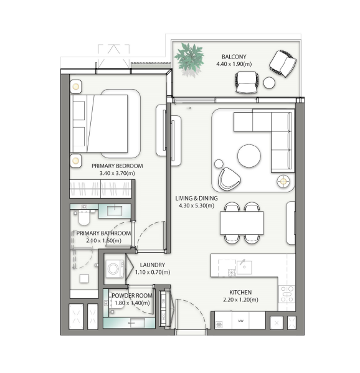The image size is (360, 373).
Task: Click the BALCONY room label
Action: click(x=234, y=57)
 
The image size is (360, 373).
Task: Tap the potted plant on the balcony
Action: click(x=189, y=58)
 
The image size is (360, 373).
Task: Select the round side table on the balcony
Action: click(x=269, y=83)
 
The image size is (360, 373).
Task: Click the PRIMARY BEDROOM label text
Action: click(x=117, y=166)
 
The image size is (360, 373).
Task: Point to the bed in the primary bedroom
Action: click(x=99, y=124)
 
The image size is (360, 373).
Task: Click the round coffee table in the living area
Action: click(x=249, y=156)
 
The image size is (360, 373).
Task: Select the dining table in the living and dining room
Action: click(x=242, y=223)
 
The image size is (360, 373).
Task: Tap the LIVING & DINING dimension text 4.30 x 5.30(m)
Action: click(x=197, y=205)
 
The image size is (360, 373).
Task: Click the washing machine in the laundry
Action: click(x=115, y=269)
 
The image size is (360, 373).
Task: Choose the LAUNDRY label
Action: click(x=152, y=265)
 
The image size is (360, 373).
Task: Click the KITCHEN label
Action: click(x=240, y=292)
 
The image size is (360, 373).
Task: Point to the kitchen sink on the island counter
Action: click(x=244, y=267)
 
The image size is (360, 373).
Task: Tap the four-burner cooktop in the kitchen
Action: click(x=287, y=295)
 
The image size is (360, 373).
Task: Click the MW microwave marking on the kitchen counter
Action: click(x=241, y=321)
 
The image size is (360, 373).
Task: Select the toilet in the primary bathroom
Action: click(x=83, y=217)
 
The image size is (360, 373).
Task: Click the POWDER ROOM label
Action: click(x=132, y=295)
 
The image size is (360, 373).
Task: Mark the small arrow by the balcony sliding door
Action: click(x=189, y=108)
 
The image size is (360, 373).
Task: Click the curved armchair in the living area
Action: click(x=229, y=179)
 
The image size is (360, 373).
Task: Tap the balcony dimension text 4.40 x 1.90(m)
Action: click(x=234, y=64)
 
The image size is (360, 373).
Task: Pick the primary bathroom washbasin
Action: click(x=115, y=210)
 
